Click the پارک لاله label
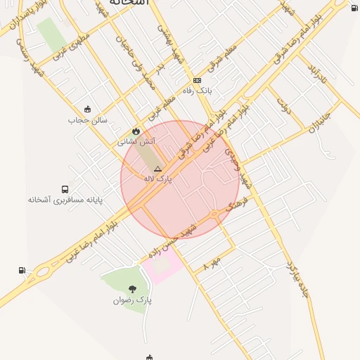(157, 179)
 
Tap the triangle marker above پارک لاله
(157, 169)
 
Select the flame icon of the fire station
(136, 131)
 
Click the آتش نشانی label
(140, 141)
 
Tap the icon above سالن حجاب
(87, 109)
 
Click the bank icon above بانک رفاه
(197, 80)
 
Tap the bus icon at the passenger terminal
(65, 190)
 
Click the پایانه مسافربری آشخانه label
(65, 200)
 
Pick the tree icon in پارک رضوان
(132, 289)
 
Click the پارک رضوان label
(132, 300)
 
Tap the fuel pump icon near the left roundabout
(22, 270)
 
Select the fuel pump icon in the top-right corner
(354, 8)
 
